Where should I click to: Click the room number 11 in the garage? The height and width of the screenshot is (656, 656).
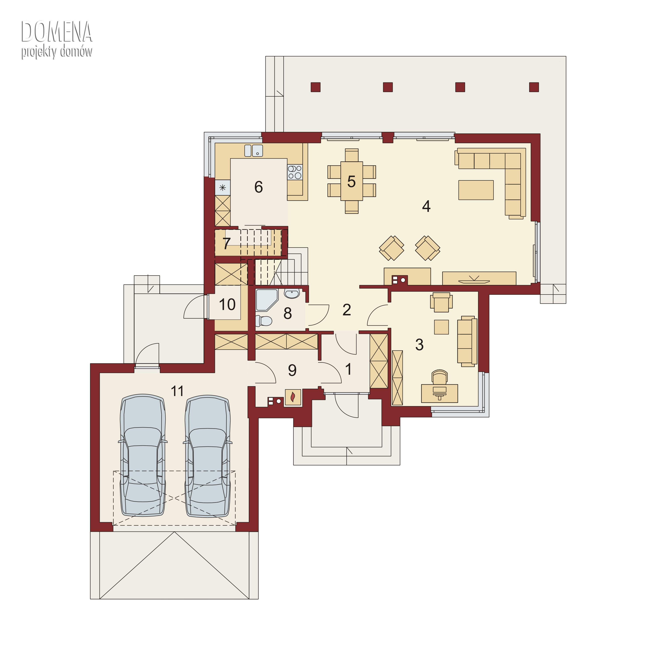177,391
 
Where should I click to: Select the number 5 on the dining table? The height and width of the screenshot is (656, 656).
351,182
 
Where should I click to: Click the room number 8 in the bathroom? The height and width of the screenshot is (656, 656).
288,313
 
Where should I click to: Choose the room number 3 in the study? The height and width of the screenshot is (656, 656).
419,345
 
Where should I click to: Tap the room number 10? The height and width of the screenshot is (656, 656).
227,304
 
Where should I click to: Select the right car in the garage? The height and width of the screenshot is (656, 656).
208,456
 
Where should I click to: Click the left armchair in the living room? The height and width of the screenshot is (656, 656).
391,248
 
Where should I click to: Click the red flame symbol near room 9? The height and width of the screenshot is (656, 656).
293,397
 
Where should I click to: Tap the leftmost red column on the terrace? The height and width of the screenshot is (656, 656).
316,87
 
